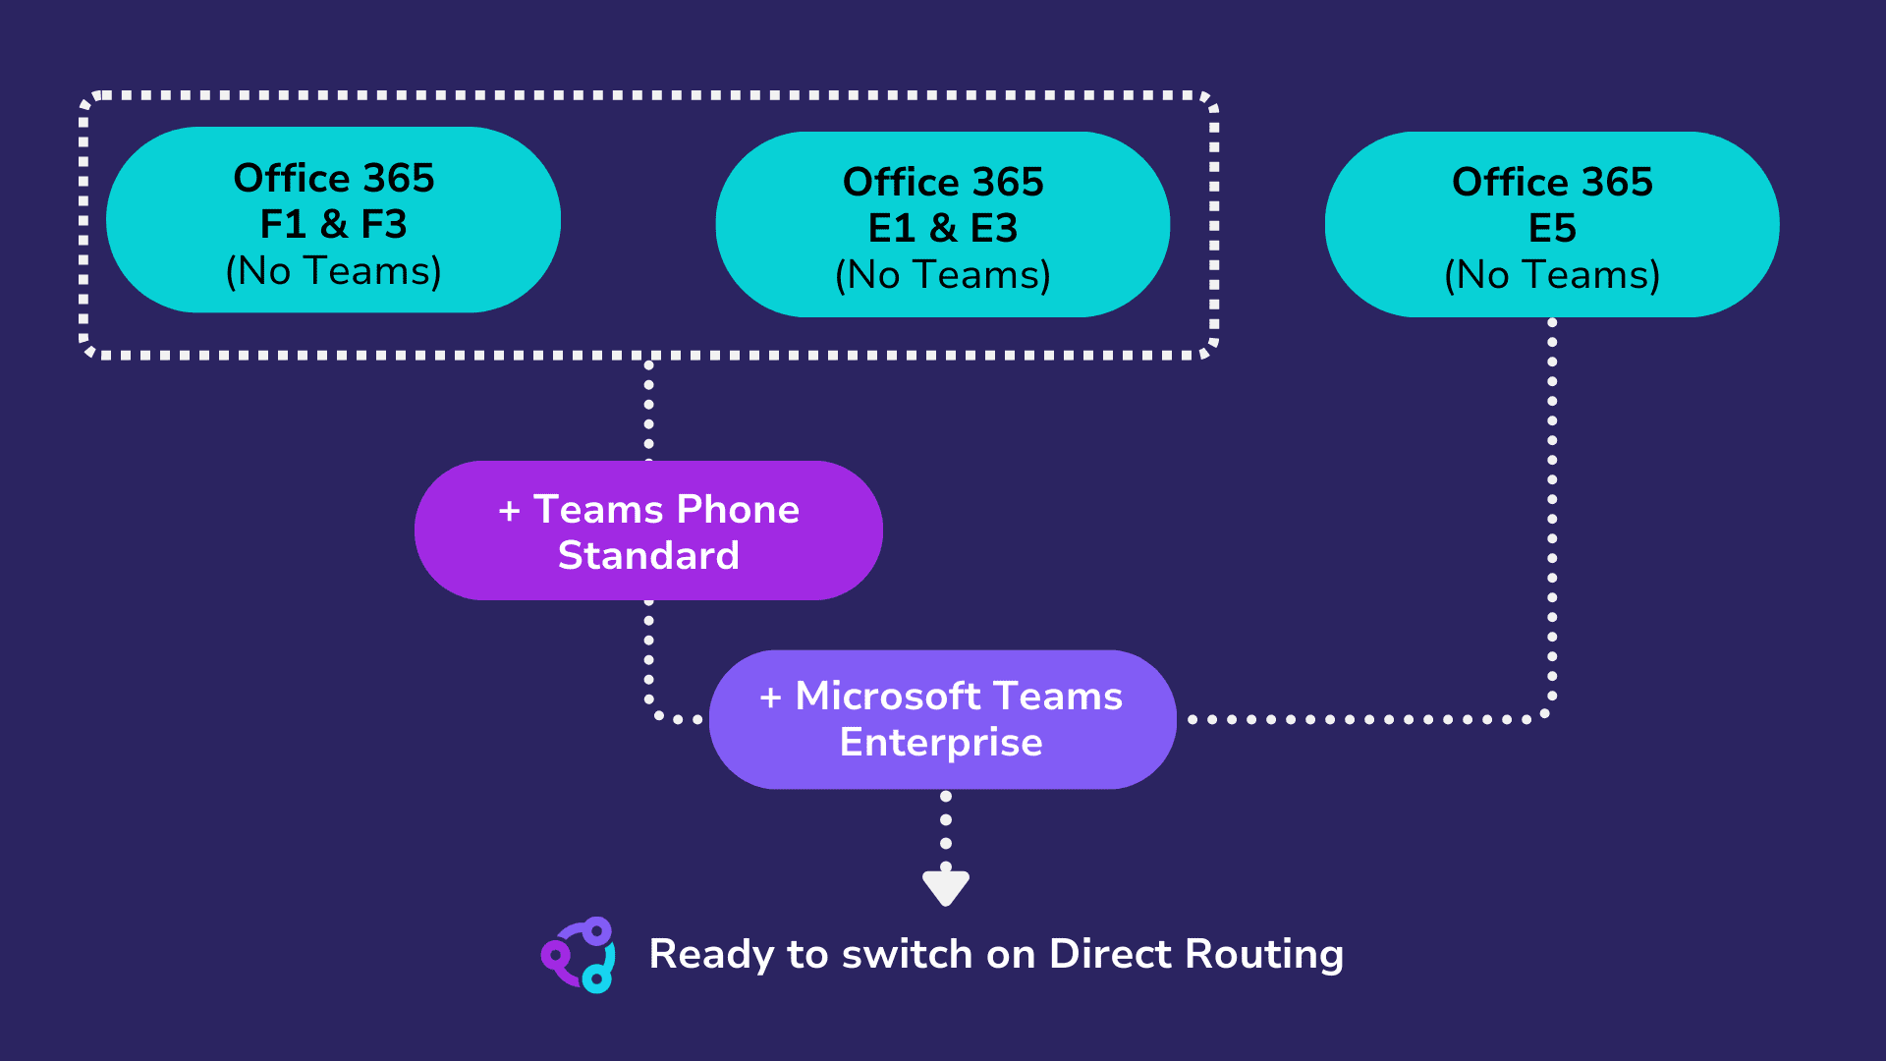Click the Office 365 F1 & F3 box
333,220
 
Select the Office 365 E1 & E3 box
942,224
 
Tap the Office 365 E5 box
1551,224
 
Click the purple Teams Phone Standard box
648,530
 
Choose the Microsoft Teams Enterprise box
942,719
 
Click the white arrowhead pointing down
945,887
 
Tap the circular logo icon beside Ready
580,955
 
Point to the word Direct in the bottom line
1109,954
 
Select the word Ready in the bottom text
711,955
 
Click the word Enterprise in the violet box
940,743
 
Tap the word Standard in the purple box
648,556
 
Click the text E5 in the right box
1552,229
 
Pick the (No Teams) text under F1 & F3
333,271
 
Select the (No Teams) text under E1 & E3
942,275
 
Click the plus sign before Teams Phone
509,511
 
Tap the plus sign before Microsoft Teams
770,698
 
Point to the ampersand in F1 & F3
334,225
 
